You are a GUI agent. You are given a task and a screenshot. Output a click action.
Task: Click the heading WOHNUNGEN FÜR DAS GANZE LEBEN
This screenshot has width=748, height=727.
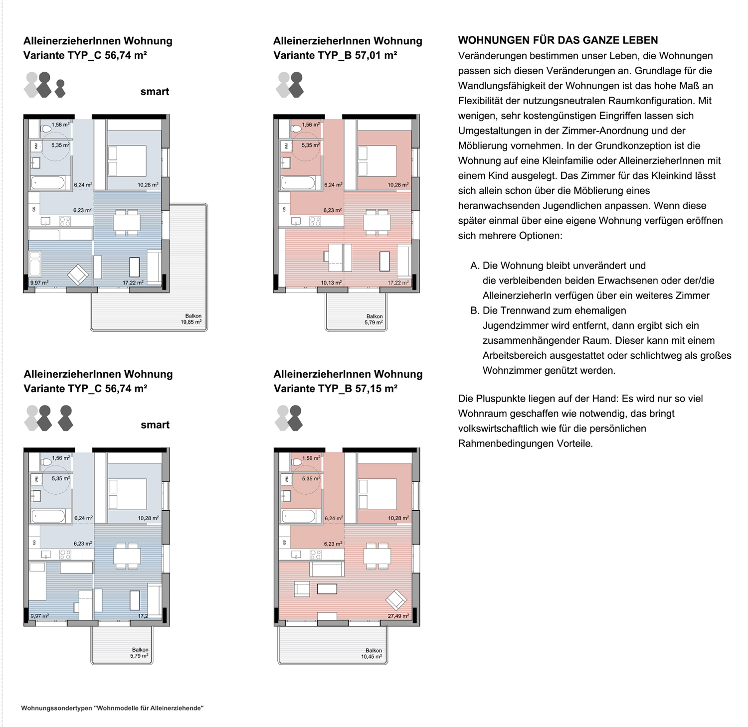point(558,40)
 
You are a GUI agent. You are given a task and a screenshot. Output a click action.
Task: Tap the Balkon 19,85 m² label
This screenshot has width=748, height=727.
point(191,319)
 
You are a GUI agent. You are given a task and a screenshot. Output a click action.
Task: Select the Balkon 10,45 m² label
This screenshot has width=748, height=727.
point(372,654)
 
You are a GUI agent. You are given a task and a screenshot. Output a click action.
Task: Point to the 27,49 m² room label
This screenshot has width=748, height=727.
point(398,616)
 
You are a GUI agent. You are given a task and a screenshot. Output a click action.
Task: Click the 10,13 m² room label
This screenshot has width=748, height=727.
point(331,283)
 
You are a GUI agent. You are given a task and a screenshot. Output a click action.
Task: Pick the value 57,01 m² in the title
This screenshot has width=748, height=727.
point(376,55)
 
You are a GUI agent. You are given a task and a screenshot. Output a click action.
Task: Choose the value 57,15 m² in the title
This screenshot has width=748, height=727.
point(376,389)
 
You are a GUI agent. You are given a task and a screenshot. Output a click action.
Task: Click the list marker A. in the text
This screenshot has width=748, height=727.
point(475,266)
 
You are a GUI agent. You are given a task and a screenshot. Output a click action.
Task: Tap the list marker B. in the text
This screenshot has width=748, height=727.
point(475,310)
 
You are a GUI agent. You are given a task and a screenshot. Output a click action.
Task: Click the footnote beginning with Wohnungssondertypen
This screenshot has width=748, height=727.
point(112,708)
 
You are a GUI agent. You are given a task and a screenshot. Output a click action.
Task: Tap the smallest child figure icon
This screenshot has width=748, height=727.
point(60,88)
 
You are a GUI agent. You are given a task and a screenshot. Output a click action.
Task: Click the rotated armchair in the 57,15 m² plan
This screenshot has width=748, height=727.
point(396,599)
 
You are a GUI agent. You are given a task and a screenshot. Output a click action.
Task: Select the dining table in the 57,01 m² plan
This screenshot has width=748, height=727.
point(377,222)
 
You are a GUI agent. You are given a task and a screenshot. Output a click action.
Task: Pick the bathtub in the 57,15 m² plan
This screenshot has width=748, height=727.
point(298,516)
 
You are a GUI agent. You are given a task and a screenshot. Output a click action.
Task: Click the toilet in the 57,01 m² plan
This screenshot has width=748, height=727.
point(296,128)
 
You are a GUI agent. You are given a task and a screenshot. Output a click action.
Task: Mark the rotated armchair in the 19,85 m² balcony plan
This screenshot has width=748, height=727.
point(78,274)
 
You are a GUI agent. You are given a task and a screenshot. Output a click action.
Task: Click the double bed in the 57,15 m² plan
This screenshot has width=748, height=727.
point(377,494)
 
